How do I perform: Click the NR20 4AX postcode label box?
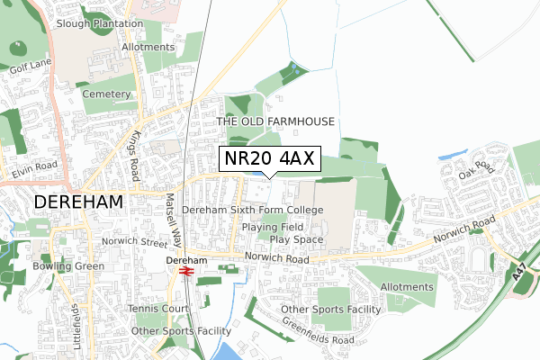click(268, 159)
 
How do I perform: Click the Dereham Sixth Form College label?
click(252, 210)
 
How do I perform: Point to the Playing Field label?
click(272, 228)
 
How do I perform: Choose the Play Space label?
click(296, 240)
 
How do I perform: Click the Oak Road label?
click(476, 169)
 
